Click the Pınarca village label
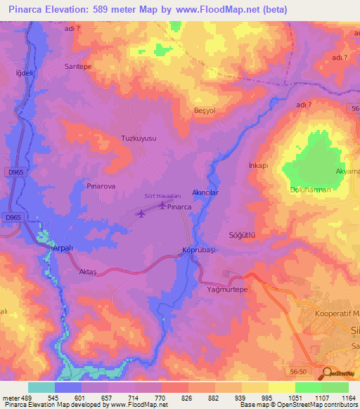click(x=179, y=208)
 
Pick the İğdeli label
click(x=25, y=73)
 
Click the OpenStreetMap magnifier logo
click(x=328, y=373)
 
